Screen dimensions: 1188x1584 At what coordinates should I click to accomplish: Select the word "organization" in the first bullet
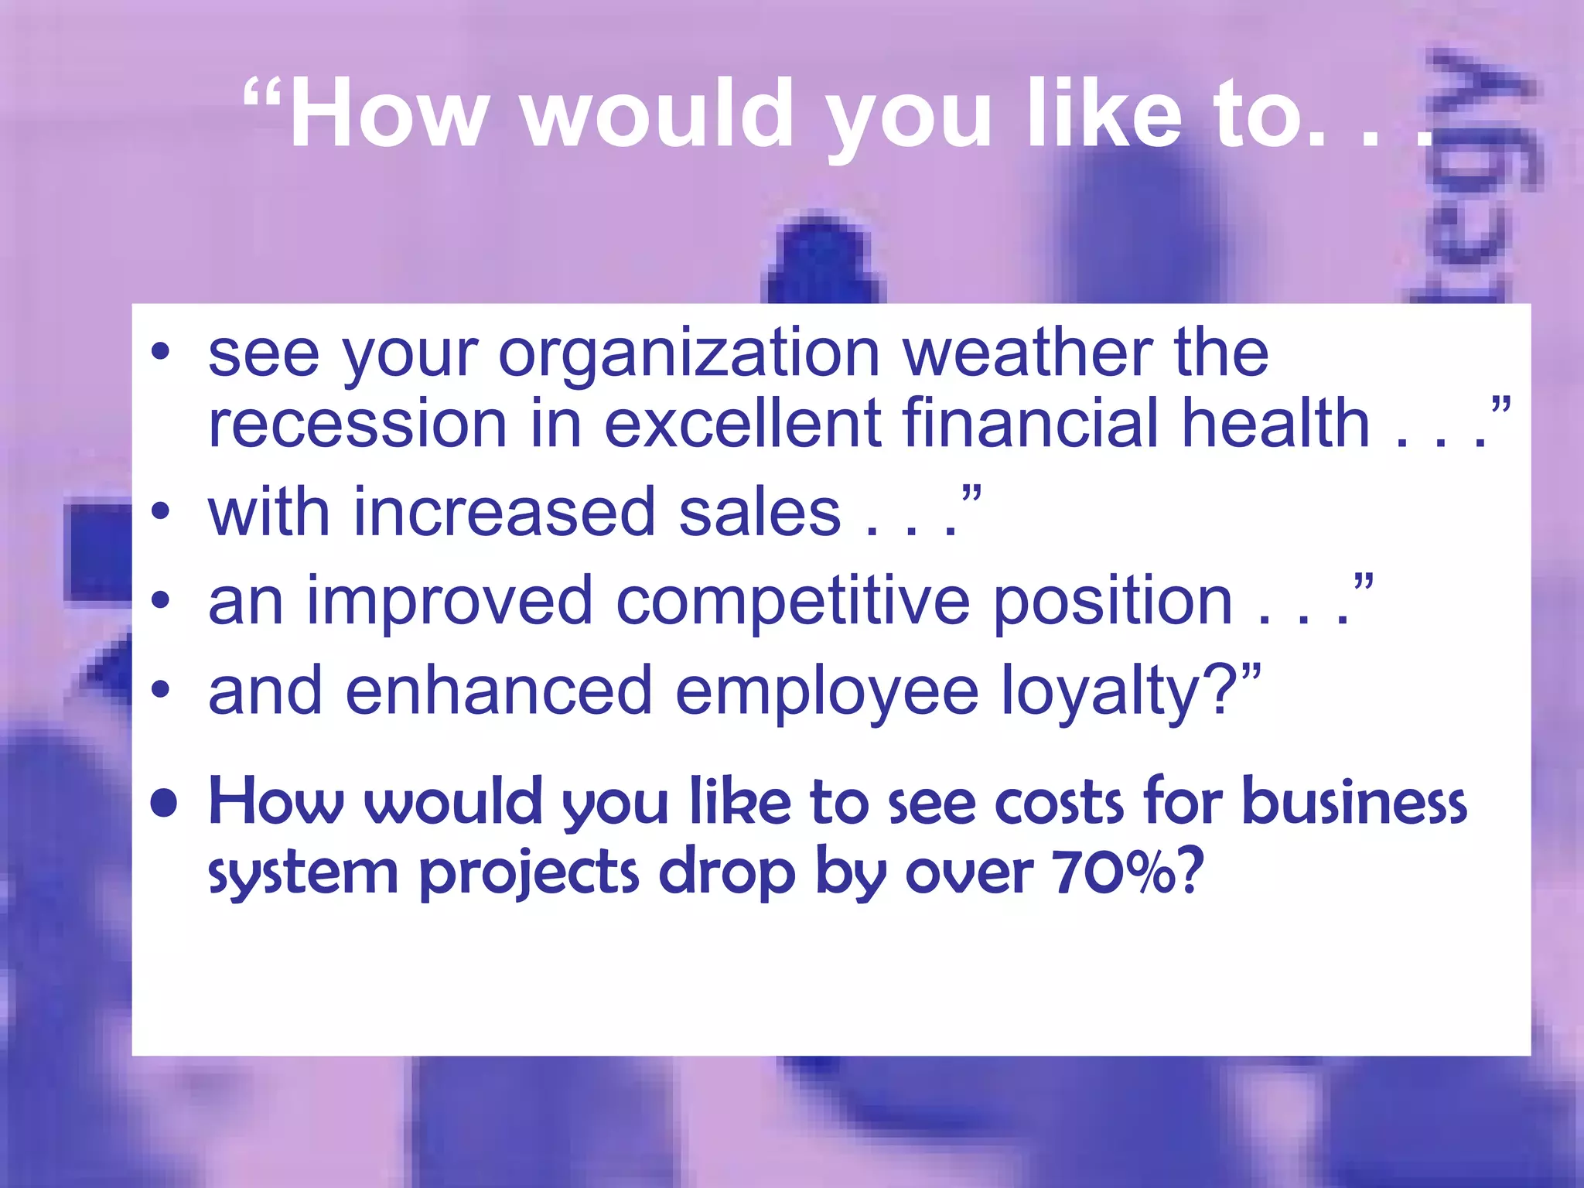pyautogui.click(x=689, y=354)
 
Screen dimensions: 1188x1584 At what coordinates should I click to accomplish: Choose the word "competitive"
pyautogui.click(x=793, y=603)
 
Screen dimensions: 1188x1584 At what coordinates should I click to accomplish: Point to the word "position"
pyautogui.click(x=1112, y=603)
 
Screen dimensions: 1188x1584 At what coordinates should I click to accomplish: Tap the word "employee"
pyautogui.click(x=827, y=692)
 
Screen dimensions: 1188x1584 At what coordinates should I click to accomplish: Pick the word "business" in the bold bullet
pyautogui.click(x=1354, y=802)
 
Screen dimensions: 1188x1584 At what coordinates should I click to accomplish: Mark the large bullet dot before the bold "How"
pyautogui.click(x=164, y=803)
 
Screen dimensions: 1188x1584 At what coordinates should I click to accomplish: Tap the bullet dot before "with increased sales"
pyautogui.click(x=160, y=511)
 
